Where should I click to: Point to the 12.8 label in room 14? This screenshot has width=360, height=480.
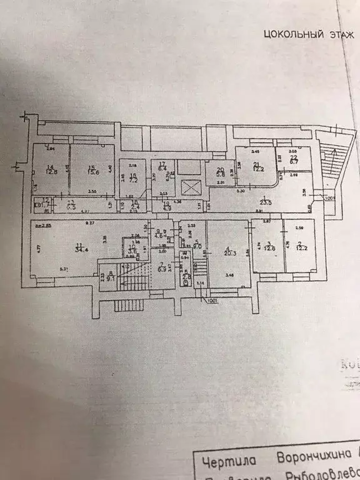[52, 172]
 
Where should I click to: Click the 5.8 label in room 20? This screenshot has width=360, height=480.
[221, 174]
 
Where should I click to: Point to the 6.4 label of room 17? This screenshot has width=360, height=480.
[161, 168]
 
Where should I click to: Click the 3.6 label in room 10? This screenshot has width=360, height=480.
[133, 251]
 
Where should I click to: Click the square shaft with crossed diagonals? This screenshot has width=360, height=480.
[190, 186]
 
